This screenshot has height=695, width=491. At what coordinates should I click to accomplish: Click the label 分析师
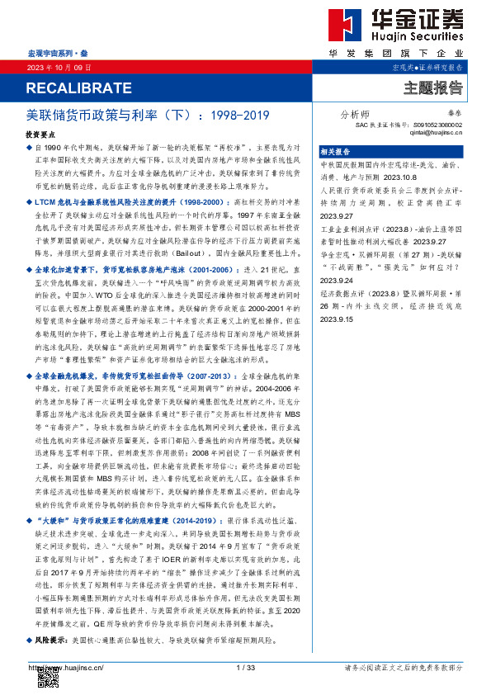tap(355, 115)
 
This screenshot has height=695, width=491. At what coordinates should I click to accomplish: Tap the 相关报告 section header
tap(335, 152)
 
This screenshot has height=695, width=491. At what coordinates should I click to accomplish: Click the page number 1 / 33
tap(246, 667)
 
